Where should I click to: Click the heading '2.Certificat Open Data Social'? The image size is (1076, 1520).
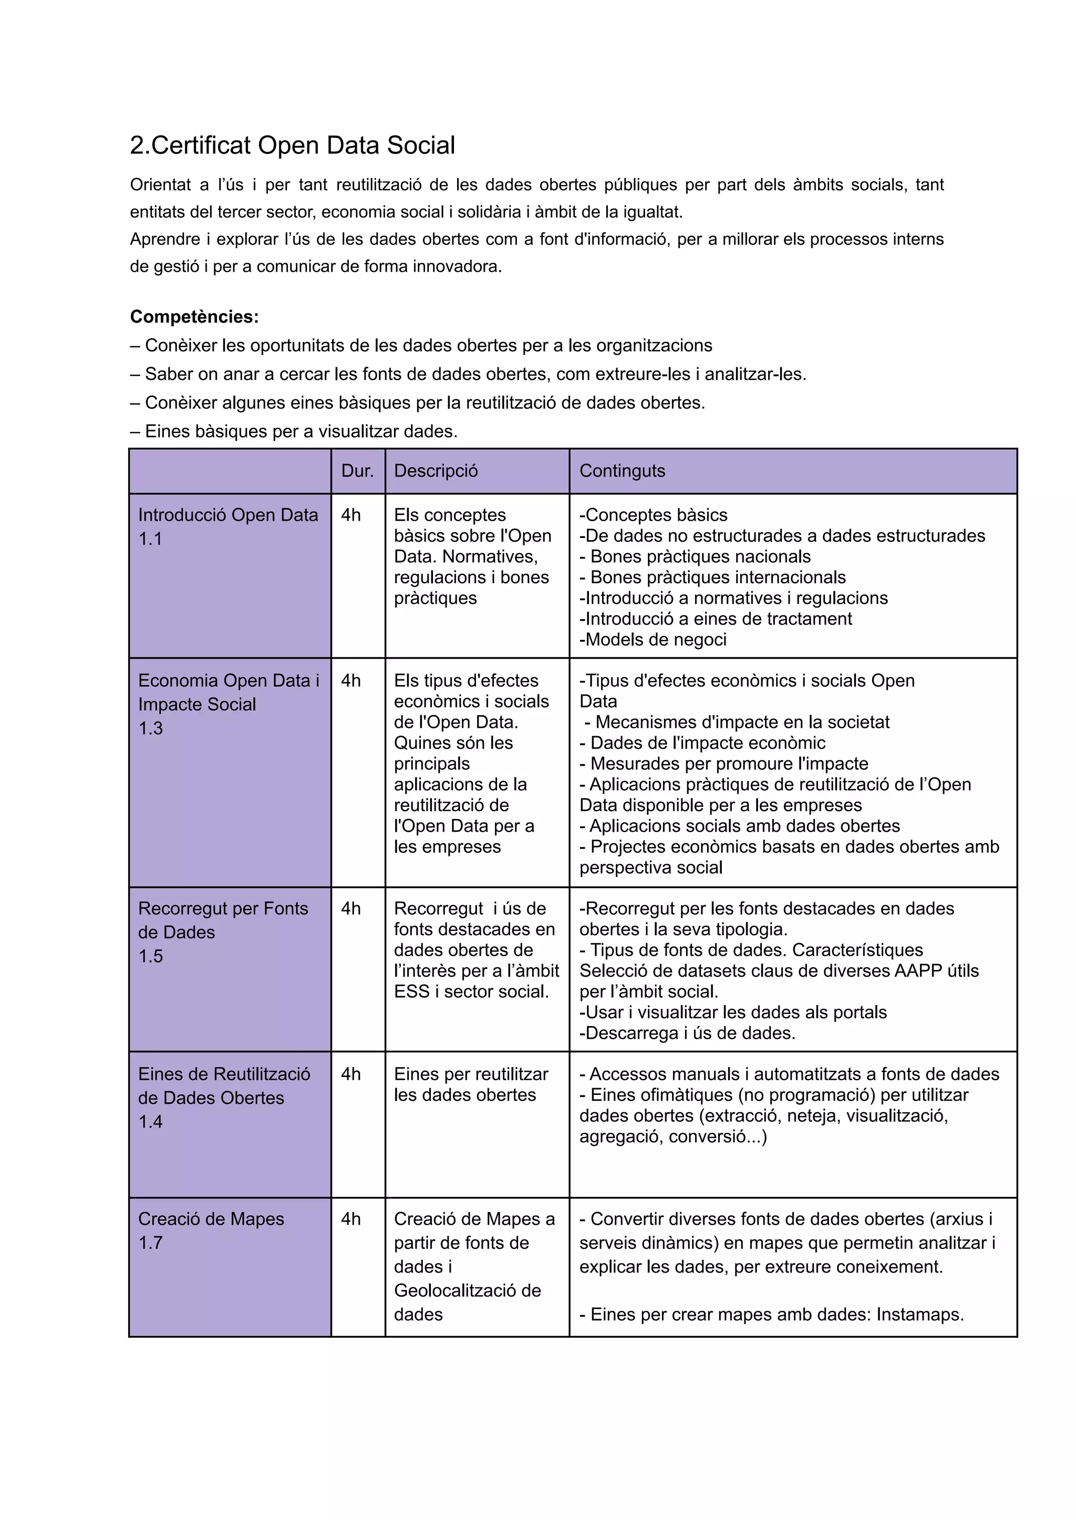(292, 145)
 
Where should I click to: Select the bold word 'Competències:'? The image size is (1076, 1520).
(194, 317)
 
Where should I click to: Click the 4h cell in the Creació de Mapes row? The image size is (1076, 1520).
(350, 1218)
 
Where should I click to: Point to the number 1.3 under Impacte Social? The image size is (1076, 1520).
(150, 728)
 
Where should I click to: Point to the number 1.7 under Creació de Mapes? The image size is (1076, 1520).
(150, 1243)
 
